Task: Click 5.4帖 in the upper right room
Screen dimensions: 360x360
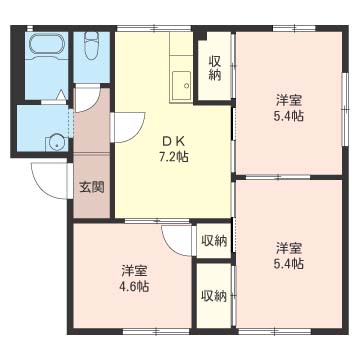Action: pos(290,116)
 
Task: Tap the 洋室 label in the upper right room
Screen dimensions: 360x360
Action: pos(290,100)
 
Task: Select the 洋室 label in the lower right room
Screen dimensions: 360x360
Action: pos(290,248)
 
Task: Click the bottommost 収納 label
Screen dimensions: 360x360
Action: pos(212,295)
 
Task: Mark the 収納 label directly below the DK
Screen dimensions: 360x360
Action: pos(212,240)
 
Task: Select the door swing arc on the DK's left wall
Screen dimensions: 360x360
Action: pos(125,128)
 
